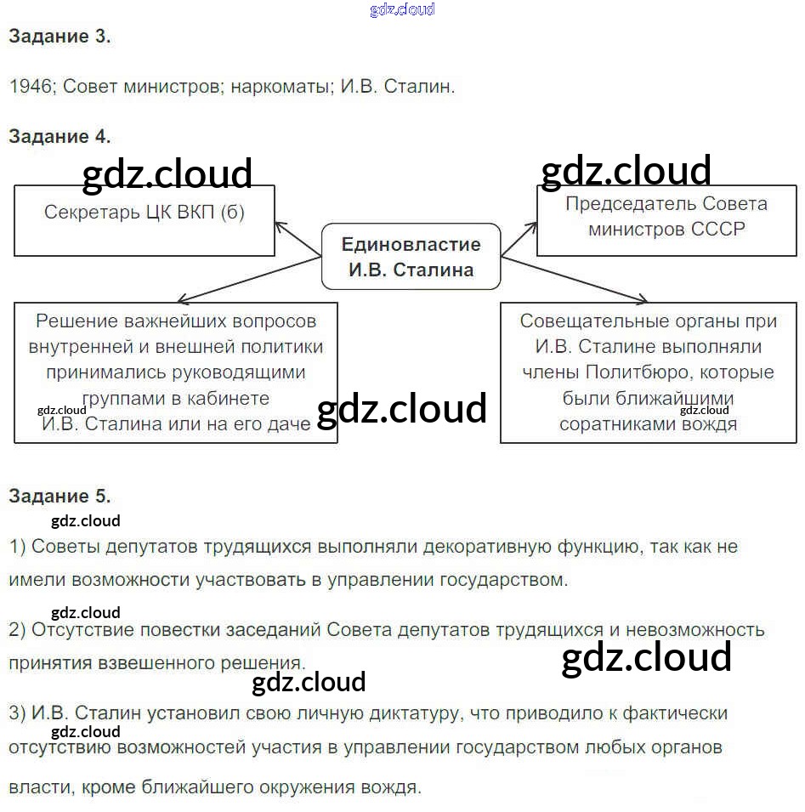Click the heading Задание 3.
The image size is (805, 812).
click(60, 37)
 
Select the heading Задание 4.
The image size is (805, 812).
click(60, 136)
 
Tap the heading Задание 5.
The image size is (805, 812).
click(60, 496)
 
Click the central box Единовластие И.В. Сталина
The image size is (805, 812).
click(411, 257)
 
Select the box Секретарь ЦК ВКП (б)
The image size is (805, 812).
click(145, 220)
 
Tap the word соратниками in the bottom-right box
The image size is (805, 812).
click(616, 423)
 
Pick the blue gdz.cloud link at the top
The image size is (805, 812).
click(402, 9)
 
